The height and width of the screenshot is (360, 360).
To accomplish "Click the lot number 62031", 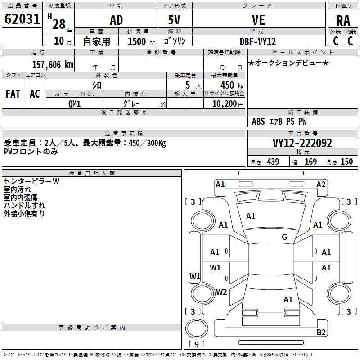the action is coord(22,19).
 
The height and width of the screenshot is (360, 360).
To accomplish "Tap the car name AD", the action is coord(117,20).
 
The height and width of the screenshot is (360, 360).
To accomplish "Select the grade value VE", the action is coord(258,20).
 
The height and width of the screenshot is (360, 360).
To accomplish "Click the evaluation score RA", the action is coord(343,21).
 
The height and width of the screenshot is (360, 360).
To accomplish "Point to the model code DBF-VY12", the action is coord(258,41).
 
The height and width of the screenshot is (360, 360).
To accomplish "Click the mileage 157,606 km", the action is coord(53,64).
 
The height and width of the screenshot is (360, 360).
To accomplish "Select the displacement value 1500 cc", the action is coord(141,41).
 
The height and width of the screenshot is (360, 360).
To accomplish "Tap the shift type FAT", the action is coord(13,94).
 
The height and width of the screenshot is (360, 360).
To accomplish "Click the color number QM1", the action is coord(75,104).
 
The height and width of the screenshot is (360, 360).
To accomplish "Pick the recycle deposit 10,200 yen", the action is coord(228,104).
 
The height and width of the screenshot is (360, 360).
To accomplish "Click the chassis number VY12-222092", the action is coord(302,143).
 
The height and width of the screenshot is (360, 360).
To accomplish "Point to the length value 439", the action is coord(273,162).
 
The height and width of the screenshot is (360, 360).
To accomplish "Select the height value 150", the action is coord(346,162).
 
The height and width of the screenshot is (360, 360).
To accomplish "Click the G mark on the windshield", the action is coord(284,237).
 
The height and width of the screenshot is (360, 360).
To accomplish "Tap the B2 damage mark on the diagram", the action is coord(321,332).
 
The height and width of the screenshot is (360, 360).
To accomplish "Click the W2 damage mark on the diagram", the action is coord(221,292).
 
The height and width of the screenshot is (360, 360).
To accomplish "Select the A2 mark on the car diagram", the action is coord(321,184).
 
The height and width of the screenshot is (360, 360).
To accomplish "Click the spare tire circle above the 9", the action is coord(197,328).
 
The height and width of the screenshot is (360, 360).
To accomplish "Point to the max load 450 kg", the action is coord(232,85).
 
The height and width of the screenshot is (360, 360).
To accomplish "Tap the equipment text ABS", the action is coord(258,121).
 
